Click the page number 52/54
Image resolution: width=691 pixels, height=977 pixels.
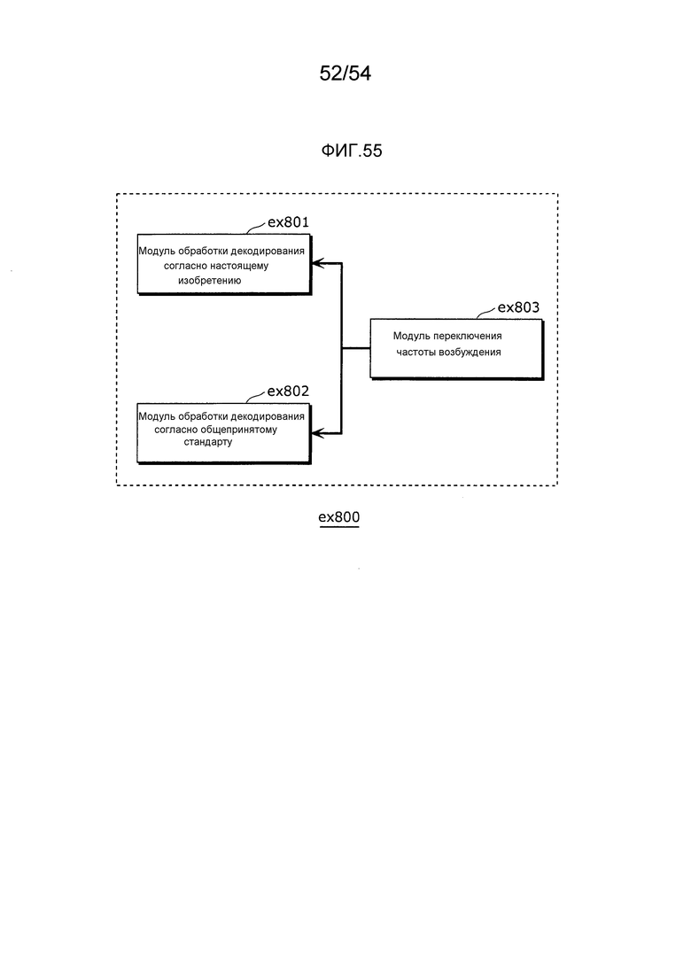click(345, 74)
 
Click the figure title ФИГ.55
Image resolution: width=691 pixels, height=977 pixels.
click(352, 151)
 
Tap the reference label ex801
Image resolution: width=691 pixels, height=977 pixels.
click(288, 221)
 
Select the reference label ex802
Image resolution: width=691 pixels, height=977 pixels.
click(288, 392)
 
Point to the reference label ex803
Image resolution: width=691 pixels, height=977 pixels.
click(518, 307)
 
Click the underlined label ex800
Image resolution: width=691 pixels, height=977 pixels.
click(339, 517)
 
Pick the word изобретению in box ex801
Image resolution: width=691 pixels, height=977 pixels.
click(209, 281)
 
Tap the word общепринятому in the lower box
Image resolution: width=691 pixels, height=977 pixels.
click(239, 430)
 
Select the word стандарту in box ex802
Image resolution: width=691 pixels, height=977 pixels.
click(208, 442)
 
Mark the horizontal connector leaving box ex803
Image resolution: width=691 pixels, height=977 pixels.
click(356, 348)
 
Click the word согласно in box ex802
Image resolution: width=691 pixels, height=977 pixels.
click(175, 430)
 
